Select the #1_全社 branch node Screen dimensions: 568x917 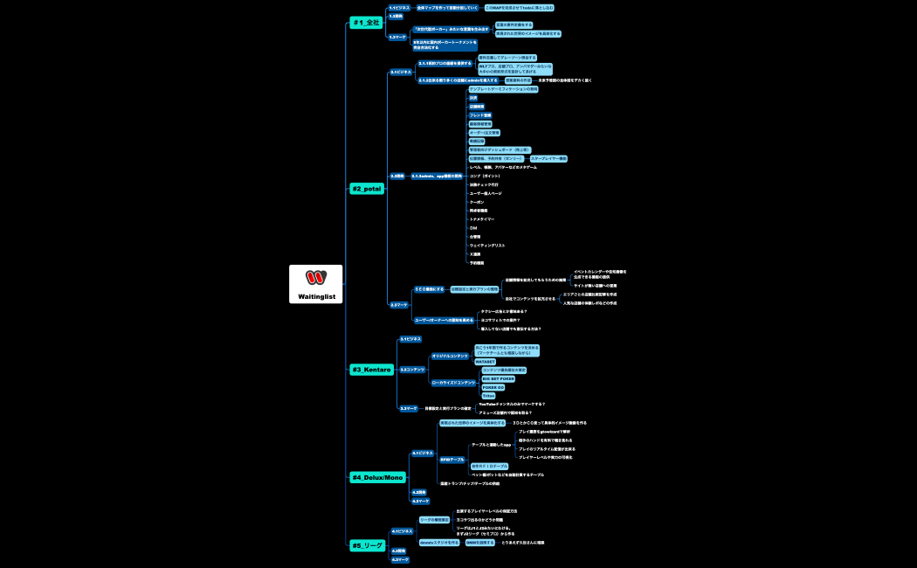(x=366, y=22)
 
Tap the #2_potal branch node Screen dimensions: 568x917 (x=367, y=188)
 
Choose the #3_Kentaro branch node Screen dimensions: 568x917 (x=371, y=370)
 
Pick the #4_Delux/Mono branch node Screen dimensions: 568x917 (x=377, y=477)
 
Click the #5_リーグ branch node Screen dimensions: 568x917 (x=367, y=545)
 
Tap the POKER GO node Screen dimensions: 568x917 (x=493, y=387)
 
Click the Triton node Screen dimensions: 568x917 (x=488, y=396)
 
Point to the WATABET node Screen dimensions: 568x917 (x=485, y=361)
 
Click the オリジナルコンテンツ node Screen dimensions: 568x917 (x=450, y=356)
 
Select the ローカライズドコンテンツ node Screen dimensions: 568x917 (x=453, y=383)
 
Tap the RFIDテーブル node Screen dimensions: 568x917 (x=452, y=459)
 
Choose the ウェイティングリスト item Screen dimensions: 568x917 (x=486, y=246)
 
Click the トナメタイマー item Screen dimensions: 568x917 (x=482, y=219)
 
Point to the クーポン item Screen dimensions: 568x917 (x=477, y=202)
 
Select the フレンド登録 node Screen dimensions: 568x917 (x=480, y=115)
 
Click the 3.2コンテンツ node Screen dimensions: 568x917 (x=412, y=370)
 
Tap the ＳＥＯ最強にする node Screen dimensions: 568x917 (x=429, y=288)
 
